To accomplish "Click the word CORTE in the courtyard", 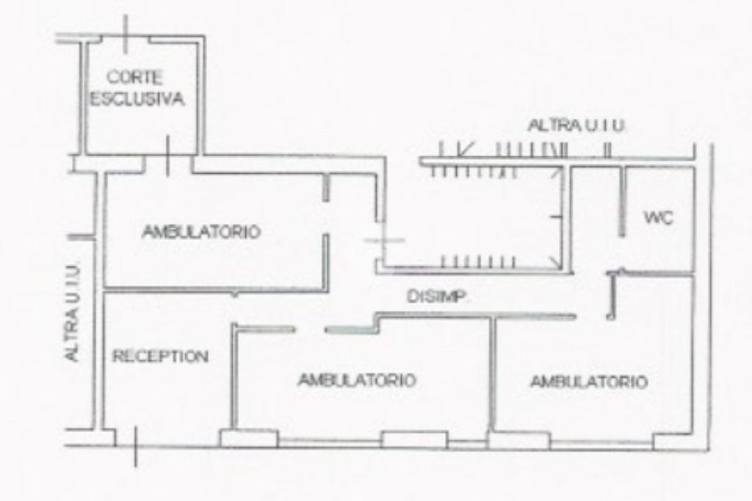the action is pos(134,77).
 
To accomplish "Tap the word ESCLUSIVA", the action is pos(137,99).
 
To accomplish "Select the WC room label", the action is pos(658,219).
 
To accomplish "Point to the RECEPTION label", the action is pos(160,356).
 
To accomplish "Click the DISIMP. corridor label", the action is pos(438,298).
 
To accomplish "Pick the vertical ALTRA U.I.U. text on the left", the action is pos(72,311).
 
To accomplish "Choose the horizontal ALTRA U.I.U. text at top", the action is pos(576,126).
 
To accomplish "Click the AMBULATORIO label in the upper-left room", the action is pos(201,232).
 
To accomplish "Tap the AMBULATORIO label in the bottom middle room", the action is pos(357,380).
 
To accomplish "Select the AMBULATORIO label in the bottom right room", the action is pos(589,381).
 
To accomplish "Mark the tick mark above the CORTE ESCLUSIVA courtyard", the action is pos(125,34).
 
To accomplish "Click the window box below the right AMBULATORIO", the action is pos(518,440).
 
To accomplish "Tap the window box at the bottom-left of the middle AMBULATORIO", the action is pos(249,439).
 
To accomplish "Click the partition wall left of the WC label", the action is pos(621,202).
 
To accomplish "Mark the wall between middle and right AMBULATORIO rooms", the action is pos(493,374).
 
